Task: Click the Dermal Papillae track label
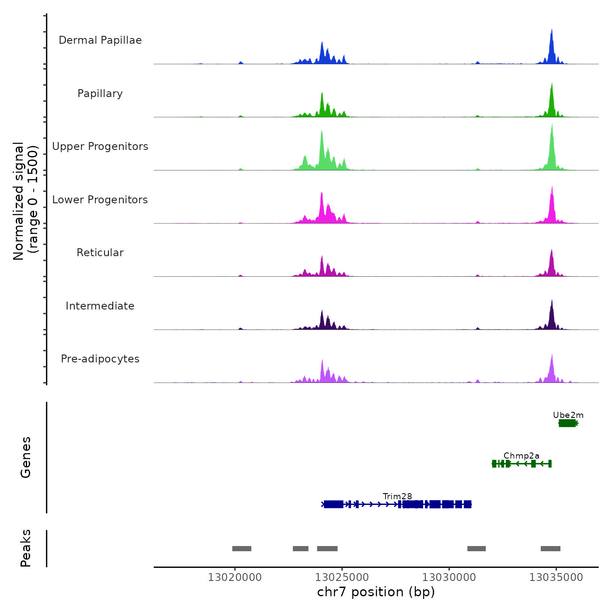click(100, 40)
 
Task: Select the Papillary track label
click(100, 94)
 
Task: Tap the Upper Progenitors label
click(100, 146)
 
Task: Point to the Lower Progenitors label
click(100, 200)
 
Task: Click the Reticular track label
click(100, 253)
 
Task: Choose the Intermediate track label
click(100, 306)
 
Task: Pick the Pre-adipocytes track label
click(100, 359)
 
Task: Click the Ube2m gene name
click(568, 415)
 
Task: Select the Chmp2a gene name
click(522, 456)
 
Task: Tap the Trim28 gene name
click(397, 497)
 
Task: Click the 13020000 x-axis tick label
click(235, 577)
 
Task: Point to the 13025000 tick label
click(342, 577)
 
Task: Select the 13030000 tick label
click(449, 577)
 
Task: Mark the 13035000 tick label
click(556, 577)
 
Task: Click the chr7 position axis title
click(376, 592)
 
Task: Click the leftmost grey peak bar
click(242, 549)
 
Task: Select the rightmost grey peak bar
click(550, 549)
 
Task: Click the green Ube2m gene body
click(567, 423)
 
